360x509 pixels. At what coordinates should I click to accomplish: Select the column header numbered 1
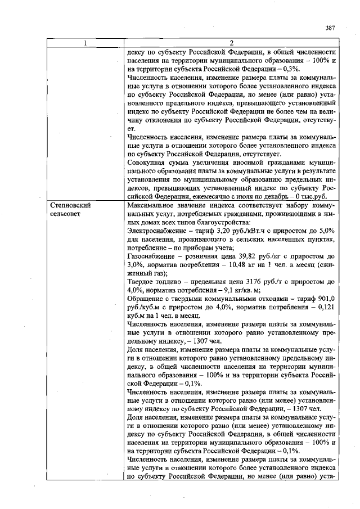[85, 43]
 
